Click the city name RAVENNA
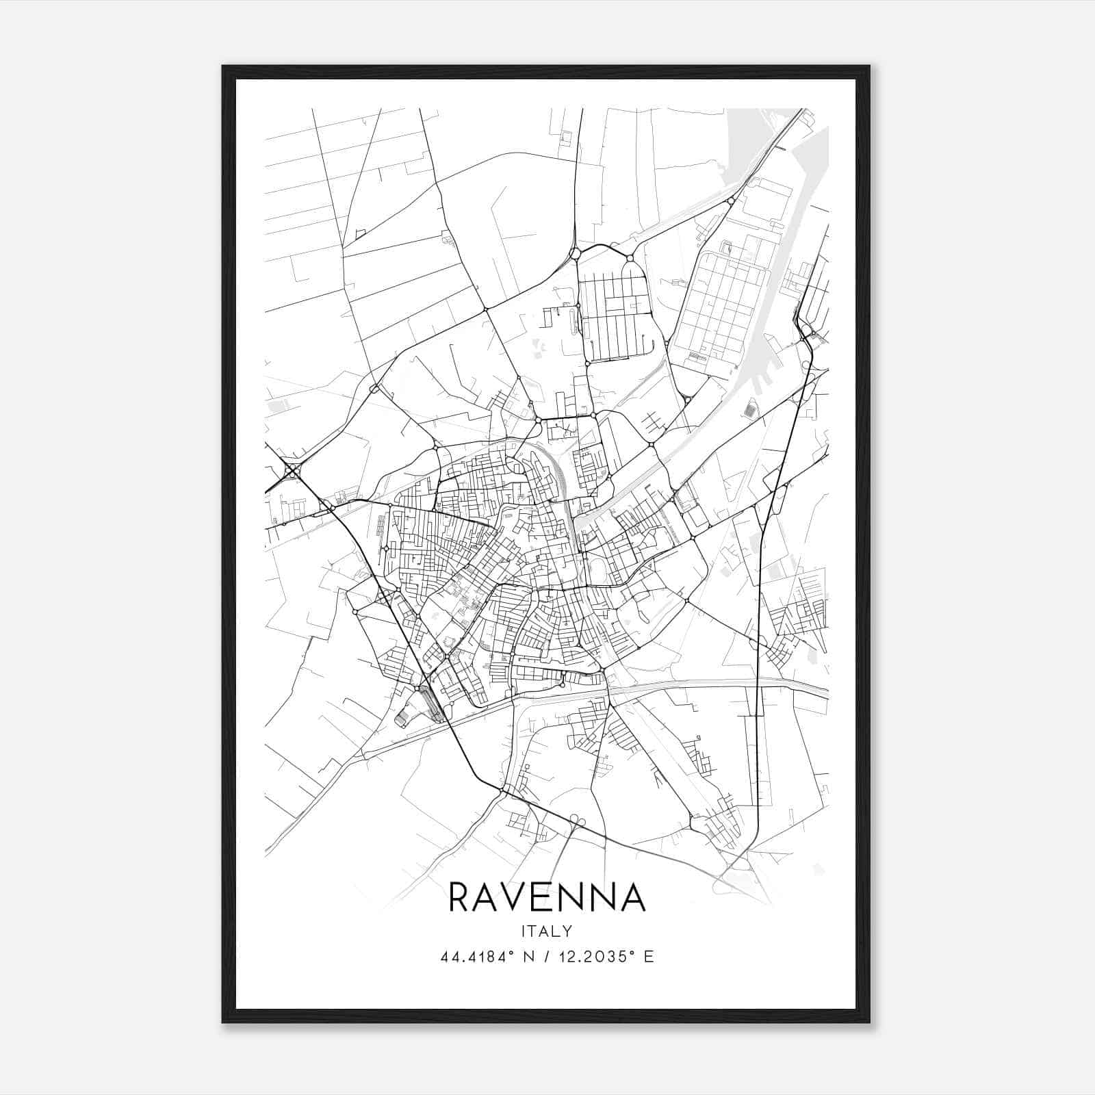(x=547, y=897)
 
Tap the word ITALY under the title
(x=547, y=931)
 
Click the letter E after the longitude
(x=649, y=957)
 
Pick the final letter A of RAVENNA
(x=632, y=897)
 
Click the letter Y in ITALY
(x=567, y=931)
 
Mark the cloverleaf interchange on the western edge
(x=293, y=470)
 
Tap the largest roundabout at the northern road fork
(x=575, y=254)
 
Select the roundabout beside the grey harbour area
(x=731, y=201)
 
